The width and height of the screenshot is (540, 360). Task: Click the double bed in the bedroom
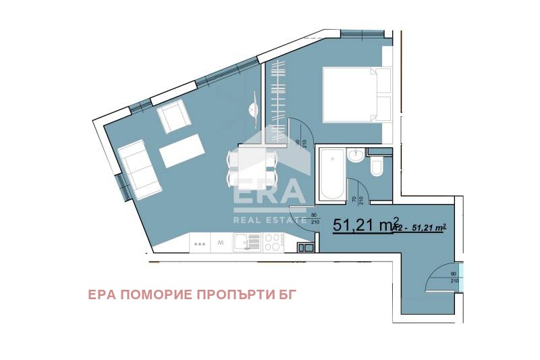[351, 95]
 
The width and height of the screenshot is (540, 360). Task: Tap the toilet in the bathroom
[377, 167]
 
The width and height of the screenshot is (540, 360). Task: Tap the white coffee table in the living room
[182, 151]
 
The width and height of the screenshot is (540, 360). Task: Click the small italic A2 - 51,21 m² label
[420, 228]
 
